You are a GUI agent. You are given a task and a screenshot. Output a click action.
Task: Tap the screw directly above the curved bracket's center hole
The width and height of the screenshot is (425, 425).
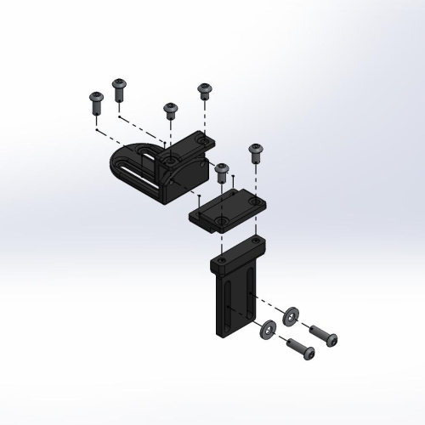[170, 111]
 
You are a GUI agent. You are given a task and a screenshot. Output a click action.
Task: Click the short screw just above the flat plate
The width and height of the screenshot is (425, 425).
[222, 172]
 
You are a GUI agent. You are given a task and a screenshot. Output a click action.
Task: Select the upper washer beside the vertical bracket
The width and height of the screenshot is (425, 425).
[292, 315]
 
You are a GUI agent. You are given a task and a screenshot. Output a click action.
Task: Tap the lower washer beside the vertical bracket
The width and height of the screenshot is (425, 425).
[269, 329]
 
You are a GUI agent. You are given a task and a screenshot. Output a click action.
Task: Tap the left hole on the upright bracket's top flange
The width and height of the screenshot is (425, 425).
[223, 258]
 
